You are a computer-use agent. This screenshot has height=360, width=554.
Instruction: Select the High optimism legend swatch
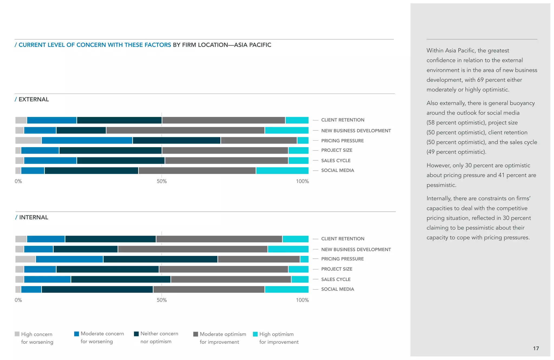(x=255, y=334)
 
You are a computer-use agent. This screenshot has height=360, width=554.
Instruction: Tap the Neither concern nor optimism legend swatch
(x=136, y=334)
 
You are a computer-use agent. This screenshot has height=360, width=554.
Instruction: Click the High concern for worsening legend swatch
(x=17, y=334)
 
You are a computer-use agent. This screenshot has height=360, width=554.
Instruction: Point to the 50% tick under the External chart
(x=162, y=181)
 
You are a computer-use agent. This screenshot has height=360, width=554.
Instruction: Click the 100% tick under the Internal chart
(x=302, y=300)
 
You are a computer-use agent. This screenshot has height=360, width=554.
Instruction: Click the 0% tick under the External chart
(x=18, y=181)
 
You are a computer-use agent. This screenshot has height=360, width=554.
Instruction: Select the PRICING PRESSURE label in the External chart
(x=342, y=141)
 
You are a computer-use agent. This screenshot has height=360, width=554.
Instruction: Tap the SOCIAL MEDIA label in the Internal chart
(x=337, y=289)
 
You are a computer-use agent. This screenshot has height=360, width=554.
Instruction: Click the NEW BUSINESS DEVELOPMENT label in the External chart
(x=356, y=131)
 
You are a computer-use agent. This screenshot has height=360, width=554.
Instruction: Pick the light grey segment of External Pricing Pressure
(x=28, y=140)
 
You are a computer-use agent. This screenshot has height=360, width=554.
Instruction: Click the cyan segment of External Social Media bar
(x=282, y=171)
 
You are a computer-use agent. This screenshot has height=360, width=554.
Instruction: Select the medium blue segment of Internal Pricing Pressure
(x=69, y=259)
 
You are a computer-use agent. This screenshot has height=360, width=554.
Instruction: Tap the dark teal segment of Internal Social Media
(x=97, y=289)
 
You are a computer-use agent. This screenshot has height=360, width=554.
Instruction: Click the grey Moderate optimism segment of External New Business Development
(x=185, y=130)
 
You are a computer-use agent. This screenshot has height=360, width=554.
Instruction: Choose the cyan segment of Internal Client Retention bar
(x=295, y=239)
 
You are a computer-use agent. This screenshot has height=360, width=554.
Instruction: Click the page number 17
(x=536, y=348)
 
